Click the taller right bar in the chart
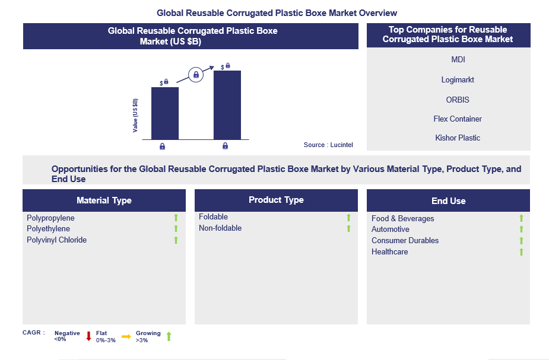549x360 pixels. pyautogui.click(x=227, y=105)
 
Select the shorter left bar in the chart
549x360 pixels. pyautogui.click(x=165, y=113)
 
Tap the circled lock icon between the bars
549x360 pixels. pyautogui.click(x=196, y=75)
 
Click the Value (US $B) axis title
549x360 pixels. pyautogui.click(x=135, y=115)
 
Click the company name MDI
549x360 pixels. pyautogui.click(x=458, y=60)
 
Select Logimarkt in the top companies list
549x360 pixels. pyautogui.click(x=458, y=79)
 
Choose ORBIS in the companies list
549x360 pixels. pyautogui.click(x=458, y=100)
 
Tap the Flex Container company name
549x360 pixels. pyautogui.click(x=458, y=119)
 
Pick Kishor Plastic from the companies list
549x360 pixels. pyautogui.click(x=458, y=138)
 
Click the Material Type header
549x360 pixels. pyautogui.click(x=104, y=200)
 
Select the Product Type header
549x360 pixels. pyautogui.click(x=276, y=200)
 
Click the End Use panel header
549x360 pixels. pyautogui.click(x=448, y=201)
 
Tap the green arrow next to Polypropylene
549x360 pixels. pyautogui.click(x=176, y=218)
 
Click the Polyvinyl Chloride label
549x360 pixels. pyautogui.click(x=56, y=240)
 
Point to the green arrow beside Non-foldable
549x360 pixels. pyautogui.click(x=348, y=228)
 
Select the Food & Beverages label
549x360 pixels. pyautogui.click(x=402, y=219)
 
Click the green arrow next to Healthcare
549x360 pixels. pyautogui.click(x=521, y=252)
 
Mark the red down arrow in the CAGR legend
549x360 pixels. pyautogui.click(x=88, y=336)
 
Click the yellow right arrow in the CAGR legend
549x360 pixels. pyautogui.click(x=126, y=336)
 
